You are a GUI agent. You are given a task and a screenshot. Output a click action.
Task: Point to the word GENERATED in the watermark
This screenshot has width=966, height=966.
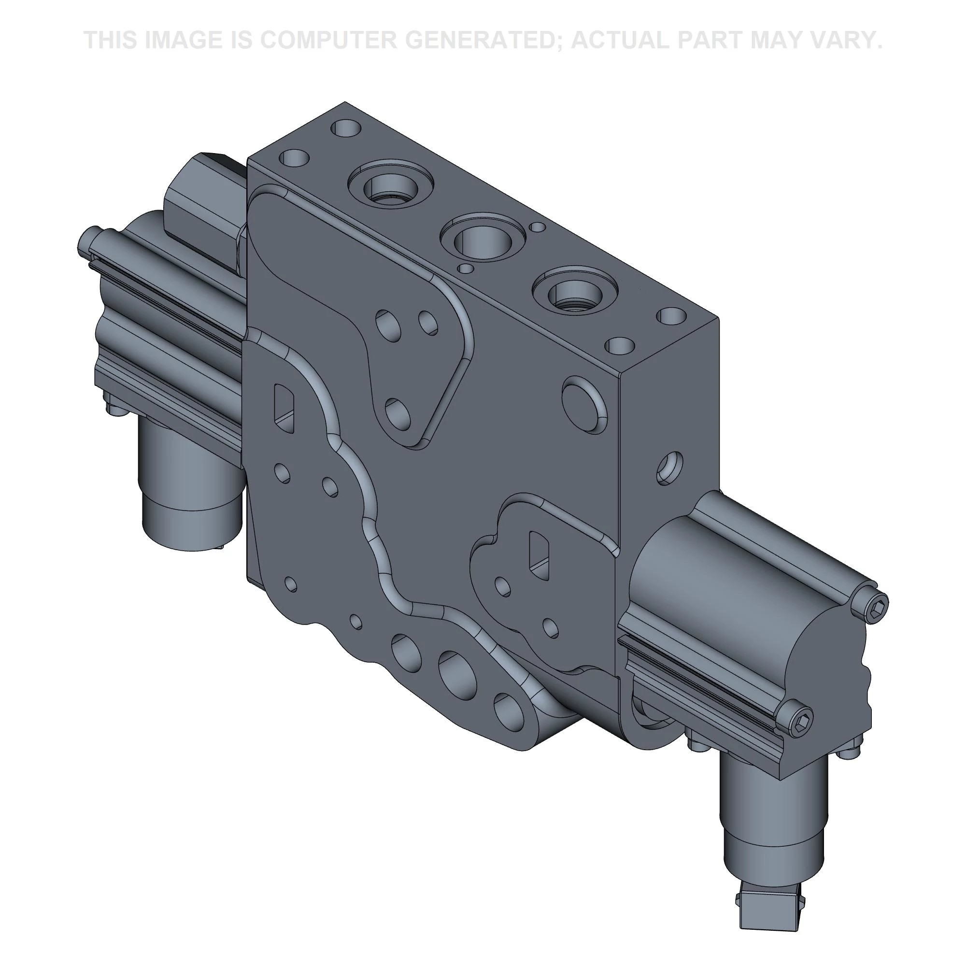click(x=481, y=40)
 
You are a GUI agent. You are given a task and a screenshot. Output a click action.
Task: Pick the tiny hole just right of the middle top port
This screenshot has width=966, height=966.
click(x=537, y=227)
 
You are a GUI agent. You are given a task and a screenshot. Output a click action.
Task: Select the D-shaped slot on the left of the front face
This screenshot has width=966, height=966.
click(x=284, y=408)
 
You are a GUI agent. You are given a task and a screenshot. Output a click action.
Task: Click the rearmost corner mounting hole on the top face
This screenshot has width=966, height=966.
click(x=346, y=128)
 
